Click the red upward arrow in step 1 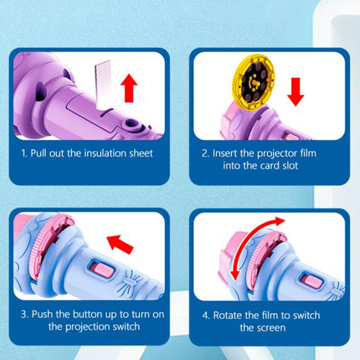pyautogui.click(x=129, y=88)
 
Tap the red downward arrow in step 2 pyautogui.click(x=296, y=92)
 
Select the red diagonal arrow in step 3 pyautogui.click(x=120, y=244)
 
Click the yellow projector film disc pyautogui.click(x=254, y=82)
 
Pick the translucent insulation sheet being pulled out pyautogui.click(x=103, y=84)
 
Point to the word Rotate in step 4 pyautogui.click(x=228, y=315)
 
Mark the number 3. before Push pyautogui.click(x=25, y=314)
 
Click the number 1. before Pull pyautogui.click(x=24, y=153)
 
